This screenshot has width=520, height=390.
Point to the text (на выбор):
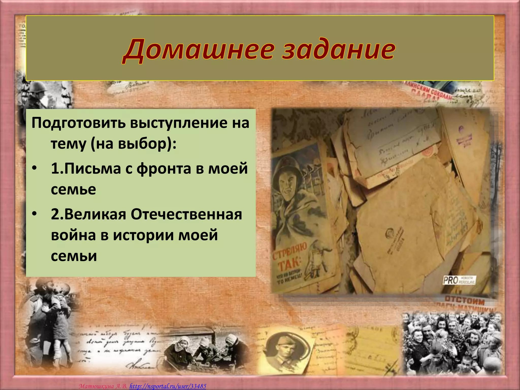click(132, 144)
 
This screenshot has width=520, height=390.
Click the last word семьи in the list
click(74, 256)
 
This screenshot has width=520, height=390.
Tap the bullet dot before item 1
click(35, 169)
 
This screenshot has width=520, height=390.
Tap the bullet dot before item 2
click(35, 214)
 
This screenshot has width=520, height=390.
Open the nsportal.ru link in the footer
click(168, 386)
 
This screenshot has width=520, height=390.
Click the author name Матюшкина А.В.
click(103, 386)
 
